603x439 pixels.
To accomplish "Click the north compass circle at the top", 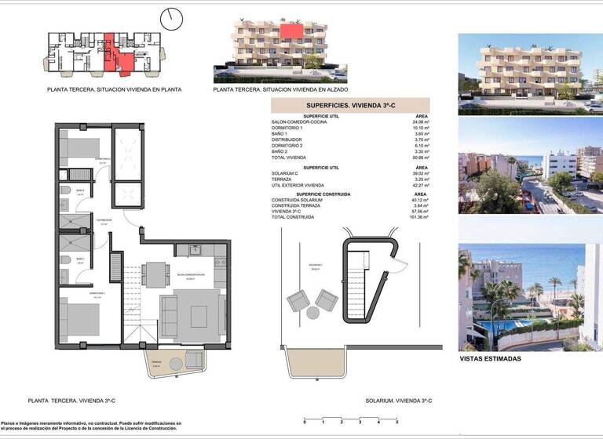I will (x=170, y=18).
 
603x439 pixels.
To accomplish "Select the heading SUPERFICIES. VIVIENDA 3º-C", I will (x=350, y=105).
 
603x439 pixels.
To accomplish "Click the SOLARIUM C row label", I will (x=286, y=173).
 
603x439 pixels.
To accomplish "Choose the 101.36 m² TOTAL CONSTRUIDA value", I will (x=418, y=217).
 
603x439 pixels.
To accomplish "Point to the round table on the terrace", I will (x=175, y=363).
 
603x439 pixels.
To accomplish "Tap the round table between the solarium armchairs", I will (x=312, y=312).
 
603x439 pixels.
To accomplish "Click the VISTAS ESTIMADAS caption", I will (x=489, y=358).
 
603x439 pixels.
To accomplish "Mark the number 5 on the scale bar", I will (x=397, y=422).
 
